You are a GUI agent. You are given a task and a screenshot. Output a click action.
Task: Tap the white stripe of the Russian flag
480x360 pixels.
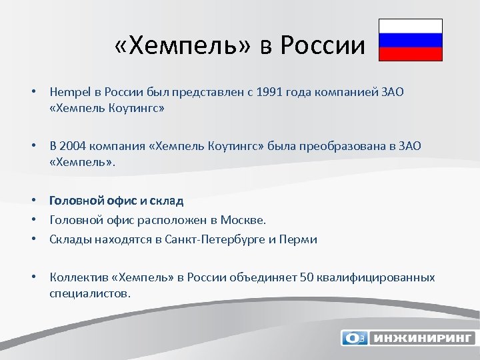click(x=411, y=26)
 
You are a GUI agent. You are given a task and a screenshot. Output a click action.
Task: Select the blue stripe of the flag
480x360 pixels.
click(x=411, y=40)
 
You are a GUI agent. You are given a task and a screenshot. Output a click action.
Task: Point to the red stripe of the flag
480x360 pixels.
click(x=411, y=54)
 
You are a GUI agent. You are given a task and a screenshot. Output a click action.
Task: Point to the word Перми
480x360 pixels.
click(x=301, y=239)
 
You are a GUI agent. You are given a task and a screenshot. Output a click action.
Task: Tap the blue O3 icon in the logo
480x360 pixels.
click(x=353, y=338)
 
